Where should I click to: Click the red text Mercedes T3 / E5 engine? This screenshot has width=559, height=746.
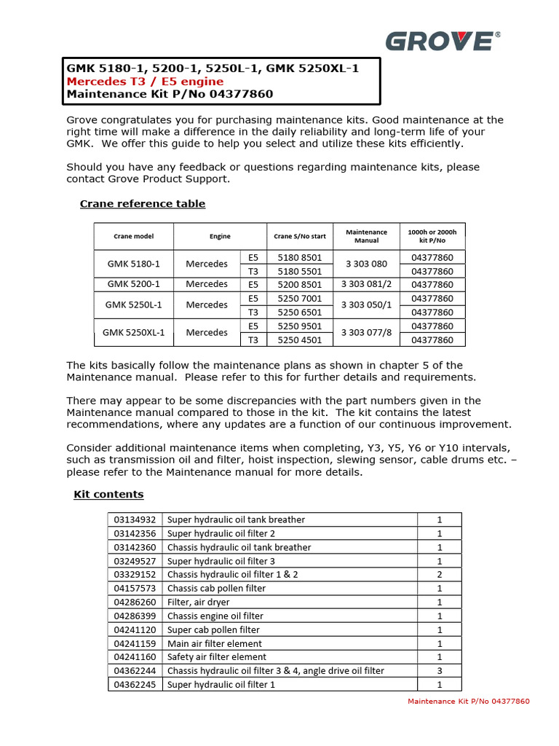(145, 81)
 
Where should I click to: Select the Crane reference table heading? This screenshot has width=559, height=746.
(143, 204)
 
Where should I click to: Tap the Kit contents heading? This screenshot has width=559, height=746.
(108, 495)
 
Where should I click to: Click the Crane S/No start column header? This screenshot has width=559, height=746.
(300, 236)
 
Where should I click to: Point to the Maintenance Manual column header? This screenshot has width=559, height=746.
(367, 236)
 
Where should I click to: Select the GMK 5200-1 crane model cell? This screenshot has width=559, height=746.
(134, 284)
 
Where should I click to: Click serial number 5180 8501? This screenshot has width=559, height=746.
(300, 257)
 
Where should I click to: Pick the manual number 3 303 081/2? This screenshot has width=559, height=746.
(367, 284)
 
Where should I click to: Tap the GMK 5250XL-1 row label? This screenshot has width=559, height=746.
(134, 333)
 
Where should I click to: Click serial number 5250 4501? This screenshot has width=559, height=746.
(300, 339)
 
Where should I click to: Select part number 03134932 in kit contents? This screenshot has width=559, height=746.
(135, 519)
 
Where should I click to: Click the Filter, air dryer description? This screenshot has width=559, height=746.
(199, 602)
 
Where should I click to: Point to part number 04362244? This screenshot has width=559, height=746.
(135, 670)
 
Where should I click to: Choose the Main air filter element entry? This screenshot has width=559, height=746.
(215, 643)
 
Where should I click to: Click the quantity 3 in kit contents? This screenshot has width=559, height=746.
(440, 670)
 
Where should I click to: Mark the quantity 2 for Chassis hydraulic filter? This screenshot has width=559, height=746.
(440, 574)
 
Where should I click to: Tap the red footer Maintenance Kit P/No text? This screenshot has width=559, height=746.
(469, 702)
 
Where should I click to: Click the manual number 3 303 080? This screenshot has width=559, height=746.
(367, 264)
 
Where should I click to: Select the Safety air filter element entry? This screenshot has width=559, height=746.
(217, 657)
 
